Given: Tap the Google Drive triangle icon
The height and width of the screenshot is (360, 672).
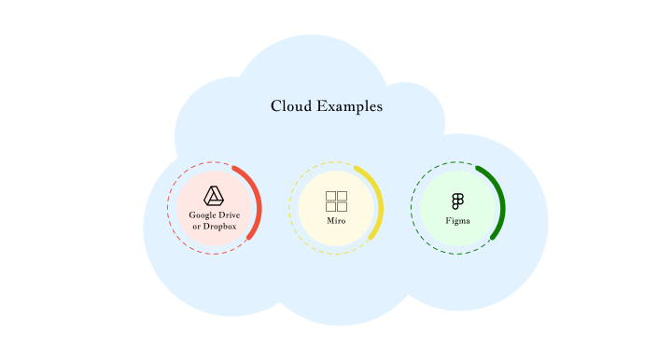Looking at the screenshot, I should tap(215, 195).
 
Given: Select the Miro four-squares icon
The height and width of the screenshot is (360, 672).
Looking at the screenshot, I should tap(336, 201).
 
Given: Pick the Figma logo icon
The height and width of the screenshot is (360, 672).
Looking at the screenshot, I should tap(457, 201).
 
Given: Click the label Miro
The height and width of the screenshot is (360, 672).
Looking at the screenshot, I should tap(336, 222).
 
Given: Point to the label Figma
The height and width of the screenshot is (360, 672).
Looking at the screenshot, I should tap(457, 221).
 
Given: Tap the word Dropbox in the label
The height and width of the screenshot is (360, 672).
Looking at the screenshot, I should tap(220, 227).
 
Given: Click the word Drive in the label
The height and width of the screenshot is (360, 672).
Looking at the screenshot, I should tap(230, 215).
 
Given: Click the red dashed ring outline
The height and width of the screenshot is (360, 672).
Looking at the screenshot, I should tap(169, 208).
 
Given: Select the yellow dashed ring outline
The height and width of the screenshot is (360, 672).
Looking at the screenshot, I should tap(290, 208).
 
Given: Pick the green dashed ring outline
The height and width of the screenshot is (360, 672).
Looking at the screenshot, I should tap(412, 208).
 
